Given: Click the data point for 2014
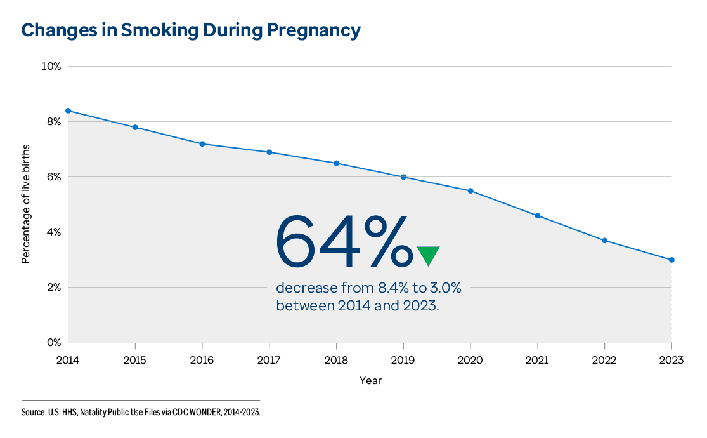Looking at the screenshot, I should click(x=68, y=110).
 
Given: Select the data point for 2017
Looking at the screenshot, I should click(x=269, y=152).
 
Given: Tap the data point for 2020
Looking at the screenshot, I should click(x=470, y=190).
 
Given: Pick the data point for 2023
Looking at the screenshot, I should click(x=671, y=260).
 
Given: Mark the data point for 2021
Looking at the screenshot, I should click(x=538, y=216).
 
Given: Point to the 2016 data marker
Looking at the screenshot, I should click(x=202, y=144).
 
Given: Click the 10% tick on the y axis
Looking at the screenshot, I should click(x=51, y=67).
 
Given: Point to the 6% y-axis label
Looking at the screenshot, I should click(x=53, y=177).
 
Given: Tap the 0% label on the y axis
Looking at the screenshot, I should click(x=53, y=343).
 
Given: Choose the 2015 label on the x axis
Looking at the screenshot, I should click(x=135, y=361).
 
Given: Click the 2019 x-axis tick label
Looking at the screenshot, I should click(x=403, y=361).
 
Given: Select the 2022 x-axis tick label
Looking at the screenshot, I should click(x=604, y=361).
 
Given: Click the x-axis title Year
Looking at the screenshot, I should click(x=370, y=381).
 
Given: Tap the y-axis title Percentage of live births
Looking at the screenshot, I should click(x=27, y=204).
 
